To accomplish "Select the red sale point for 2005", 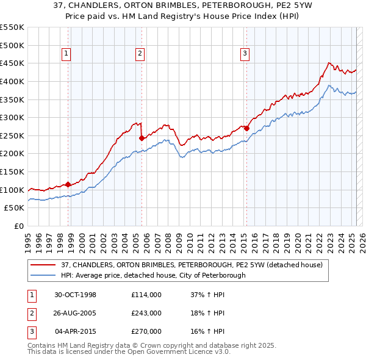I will click(x=142, y=138).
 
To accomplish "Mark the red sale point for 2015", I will click(x=246, y=128).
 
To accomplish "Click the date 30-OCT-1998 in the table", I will click(x=76, y=295).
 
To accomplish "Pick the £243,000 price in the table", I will click(x=146, y=313).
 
